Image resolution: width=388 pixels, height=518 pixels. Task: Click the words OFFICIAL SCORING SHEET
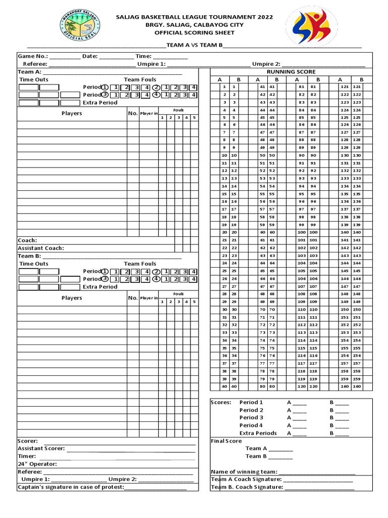pos(194,32)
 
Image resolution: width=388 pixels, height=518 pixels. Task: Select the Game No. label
pos(33,56)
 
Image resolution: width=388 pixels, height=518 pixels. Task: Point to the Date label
pos(90,56)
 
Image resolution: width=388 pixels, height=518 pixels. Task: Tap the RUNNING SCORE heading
pos(291,72)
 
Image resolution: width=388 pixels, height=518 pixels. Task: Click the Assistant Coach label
pos(41,248)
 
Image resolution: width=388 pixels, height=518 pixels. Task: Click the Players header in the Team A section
pos(72,113)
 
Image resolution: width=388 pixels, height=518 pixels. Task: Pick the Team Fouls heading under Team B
pos(140,264)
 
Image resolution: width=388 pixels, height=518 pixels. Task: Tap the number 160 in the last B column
pos(358,386)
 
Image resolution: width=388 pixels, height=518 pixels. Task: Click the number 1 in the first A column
pos(224,87)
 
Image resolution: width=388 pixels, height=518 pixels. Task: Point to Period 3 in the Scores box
pos(251,418)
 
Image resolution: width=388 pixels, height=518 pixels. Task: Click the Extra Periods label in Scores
pos(258,433)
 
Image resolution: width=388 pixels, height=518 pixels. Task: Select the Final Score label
pos(226,441)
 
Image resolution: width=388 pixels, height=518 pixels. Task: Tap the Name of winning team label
pos(244,471)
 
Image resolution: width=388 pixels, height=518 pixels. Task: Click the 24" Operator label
pos(37,464)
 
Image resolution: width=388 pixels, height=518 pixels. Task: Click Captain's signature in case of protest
pos(71,487)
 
